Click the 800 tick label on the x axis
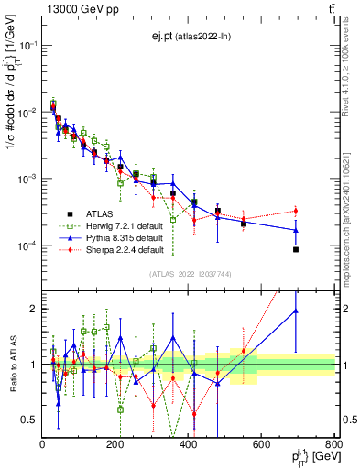click(x=333, y=444)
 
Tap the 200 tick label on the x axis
click(x=115, y=444)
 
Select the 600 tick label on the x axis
click(x=261, y=444)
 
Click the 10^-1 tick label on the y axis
click(x=27, y=44)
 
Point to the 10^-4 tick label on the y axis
click(x=27, y=245)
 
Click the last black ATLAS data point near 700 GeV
click(x=296, y=249)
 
